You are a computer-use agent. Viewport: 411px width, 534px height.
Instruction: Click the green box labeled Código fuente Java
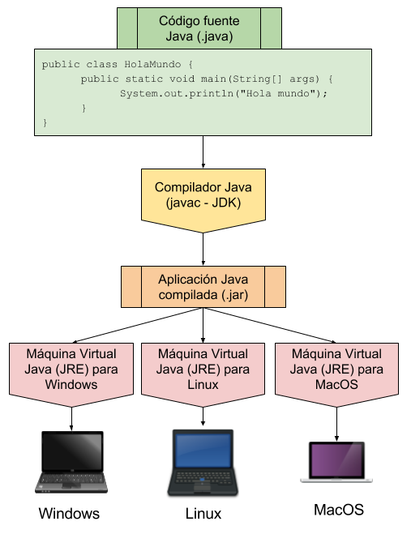199,28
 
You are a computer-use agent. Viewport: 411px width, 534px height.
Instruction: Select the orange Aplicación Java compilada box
203,286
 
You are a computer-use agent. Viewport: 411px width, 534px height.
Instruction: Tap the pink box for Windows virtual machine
71,370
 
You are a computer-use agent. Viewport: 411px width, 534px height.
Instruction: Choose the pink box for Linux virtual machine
203,370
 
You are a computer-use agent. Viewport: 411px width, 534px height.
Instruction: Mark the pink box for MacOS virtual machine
336,370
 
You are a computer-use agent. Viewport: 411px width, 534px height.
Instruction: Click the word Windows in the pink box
71,385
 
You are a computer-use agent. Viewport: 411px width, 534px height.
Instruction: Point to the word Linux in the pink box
203,385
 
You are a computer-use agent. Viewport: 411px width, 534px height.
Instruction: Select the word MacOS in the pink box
336,385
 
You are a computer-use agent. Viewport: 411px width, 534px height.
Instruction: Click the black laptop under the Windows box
71,462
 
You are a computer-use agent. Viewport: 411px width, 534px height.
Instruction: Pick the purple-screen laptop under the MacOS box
336,463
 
